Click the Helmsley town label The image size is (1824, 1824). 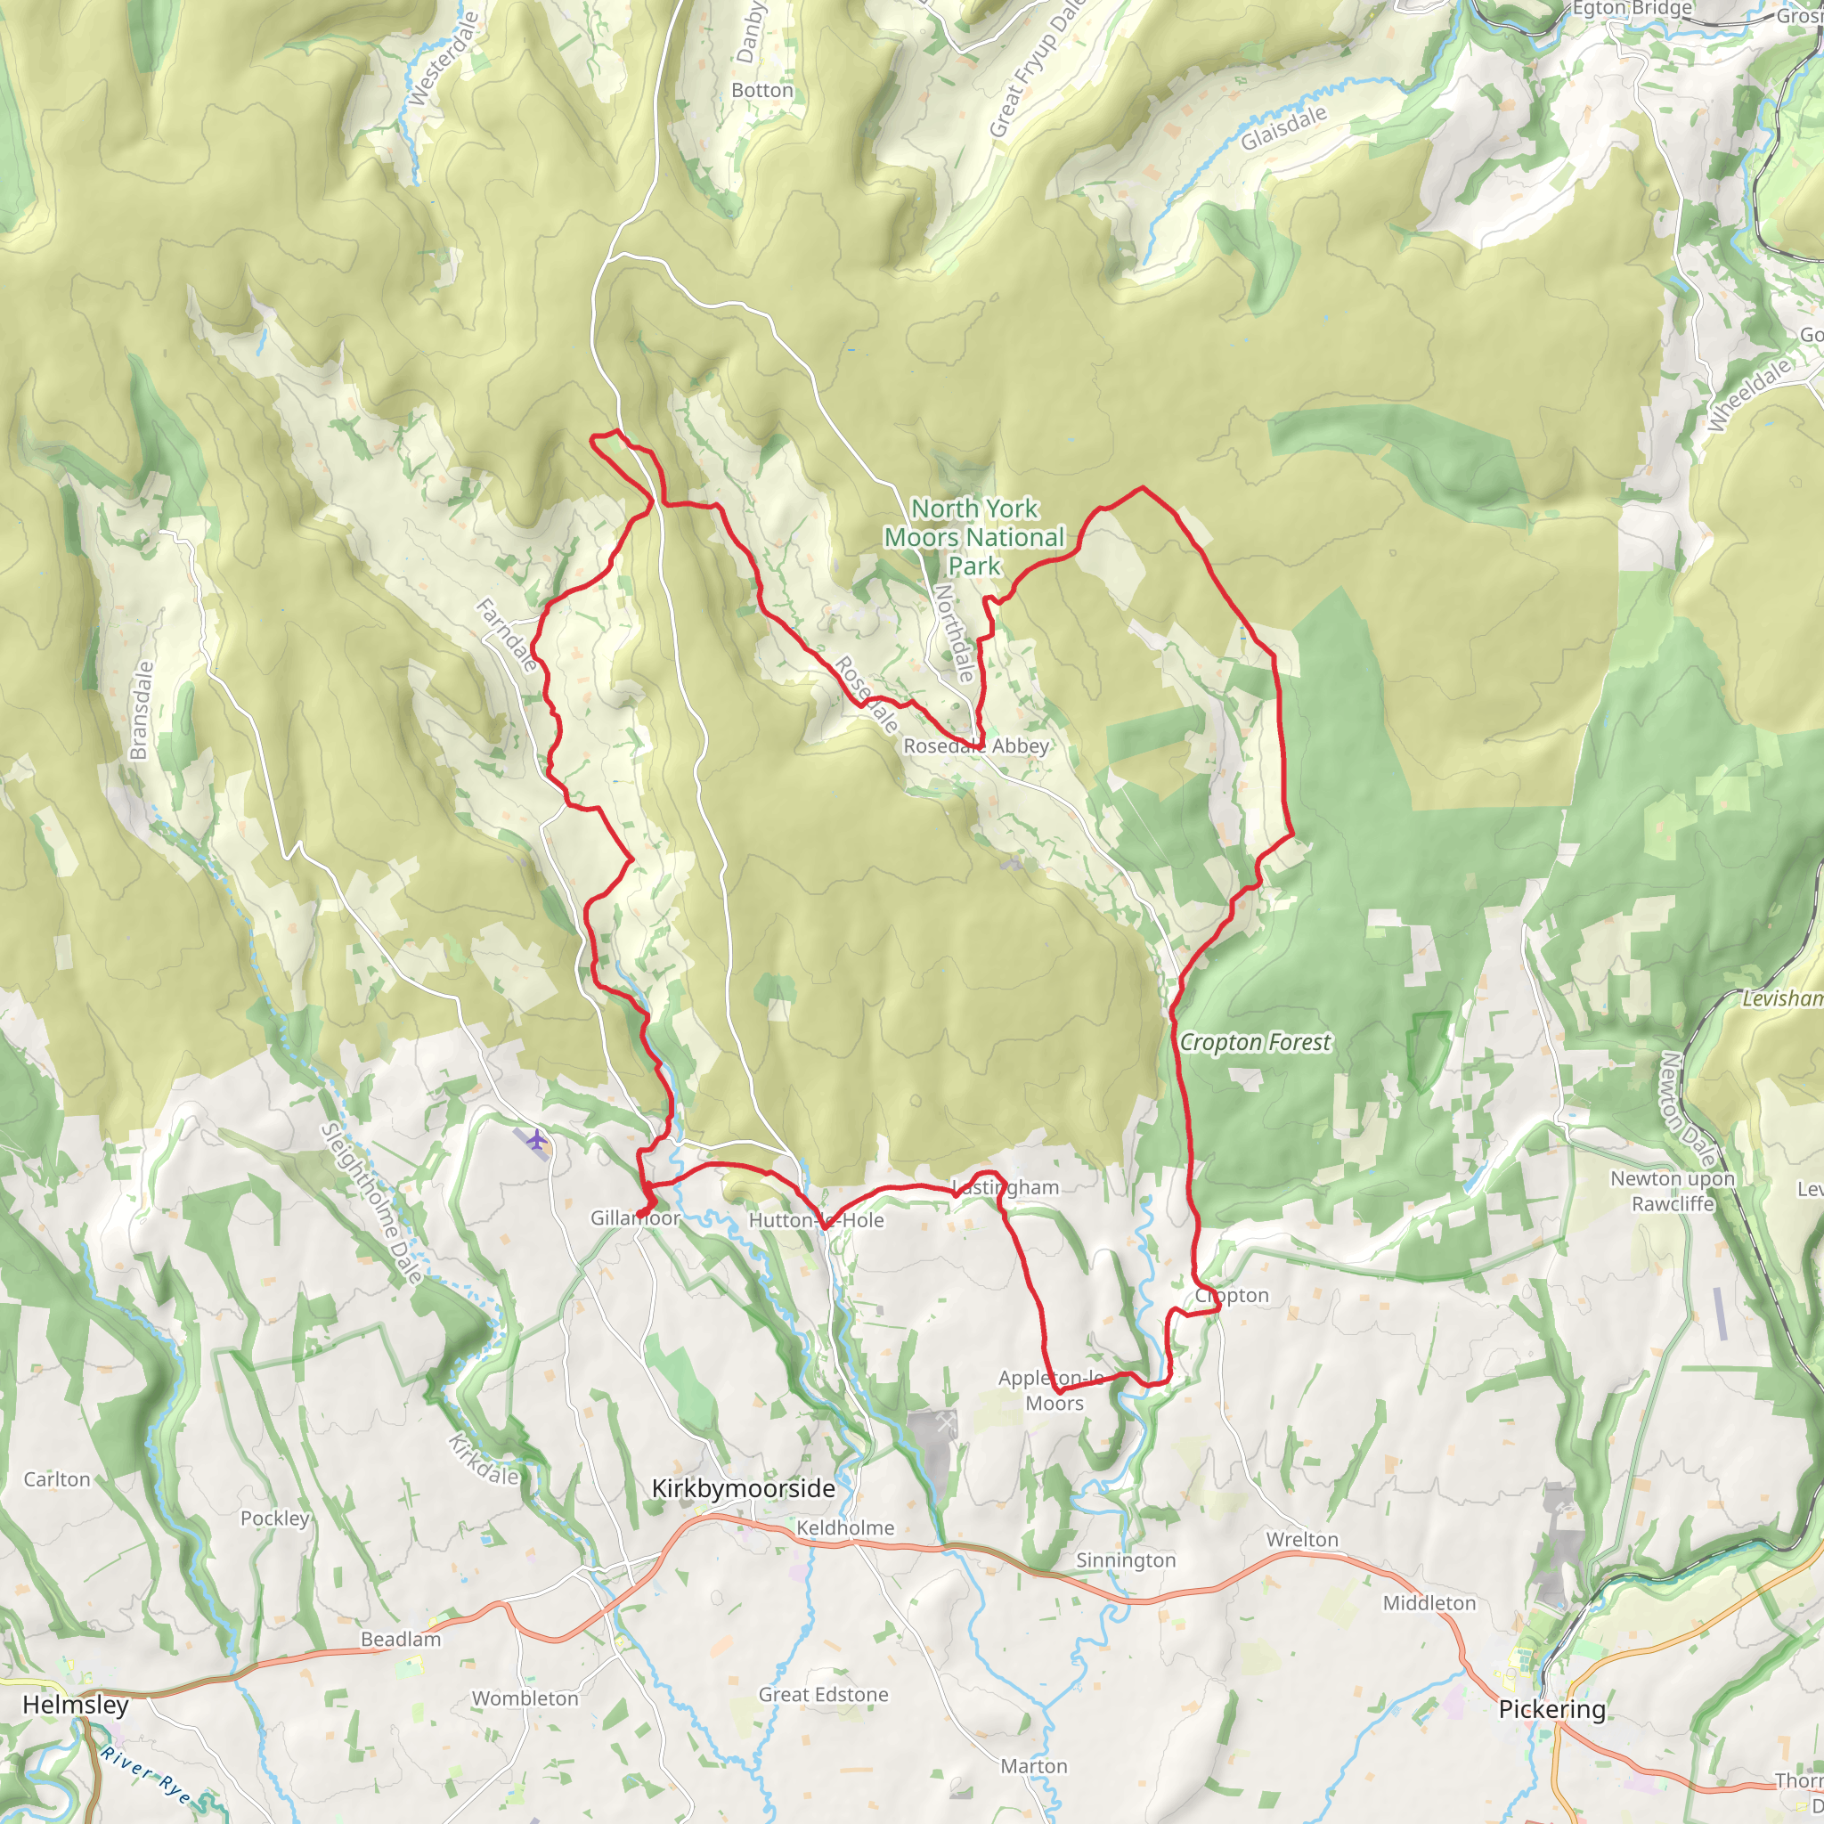75,1704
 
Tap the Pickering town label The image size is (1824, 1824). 1551,1709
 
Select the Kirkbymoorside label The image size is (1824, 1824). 743,1489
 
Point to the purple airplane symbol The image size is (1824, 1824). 537,1139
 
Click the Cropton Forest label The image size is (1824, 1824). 1255,1042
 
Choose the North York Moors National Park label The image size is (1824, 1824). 973,537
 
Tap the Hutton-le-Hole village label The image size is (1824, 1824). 816,1220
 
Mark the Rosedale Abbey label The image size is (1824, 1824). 975,745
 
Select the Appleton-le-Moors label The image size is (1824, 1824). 1053,1390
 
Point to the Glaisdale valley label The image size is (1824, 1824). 1283,128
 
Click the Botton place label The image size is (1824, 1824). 761,91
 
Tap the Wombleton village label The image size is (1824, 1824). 525,1698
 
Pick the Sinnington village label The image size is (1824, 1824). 1126,1560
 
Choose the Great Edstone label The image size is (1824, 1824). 823,1694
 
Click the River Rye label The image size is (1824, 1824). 149,1771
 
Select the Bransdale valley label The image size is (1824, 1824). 141,711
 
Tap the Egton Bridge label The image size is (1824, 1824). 1632,10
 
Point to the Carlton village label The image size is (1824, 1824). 57,1479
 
